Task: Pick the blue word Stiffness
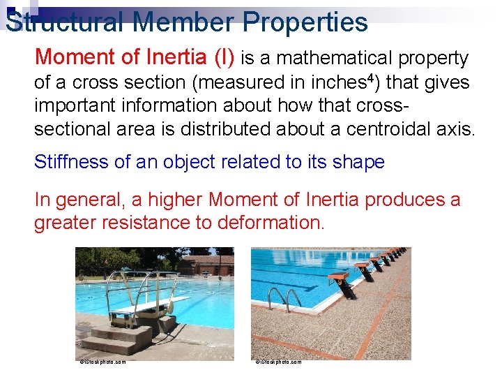(x=71, y=162)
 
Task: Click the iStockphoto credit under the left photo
(x=102, y=362)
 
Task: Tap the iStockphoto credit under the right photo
(x=278, y=362)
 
